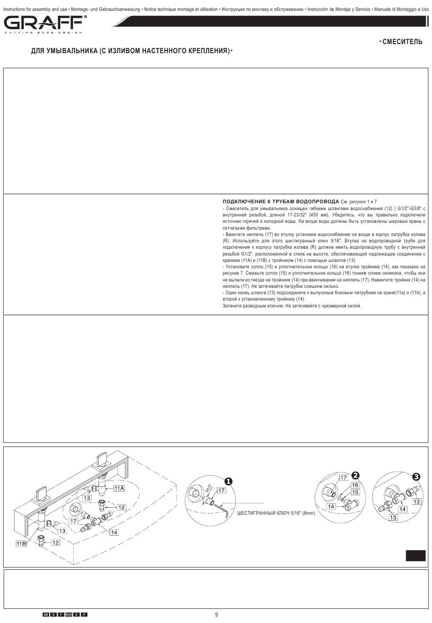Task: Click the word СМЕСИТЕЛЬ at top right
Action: (x=402, y=42)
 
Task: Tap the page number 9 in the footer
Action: (x=216, y=614)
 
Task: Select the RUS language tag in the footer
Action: (x=68, y=614)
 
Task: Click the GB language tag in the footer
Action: (x=46, y=614)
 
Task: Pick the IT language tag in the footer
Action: (x=84, y=614)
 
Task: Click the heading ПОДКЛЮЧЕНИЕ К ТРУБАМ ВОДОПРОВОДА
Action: (x=281, y=201)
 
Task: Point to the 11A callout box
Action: (x=119, y=488)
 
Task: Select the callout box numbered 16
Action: (x=355, y=485)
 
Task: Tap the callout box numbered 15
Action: (x=355, y=492)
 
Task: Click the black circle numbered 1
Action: (x=228, y=481)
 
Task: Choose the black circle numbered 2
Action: (x=355, y=475)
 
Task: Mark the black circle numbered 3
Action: (x=416, y=477)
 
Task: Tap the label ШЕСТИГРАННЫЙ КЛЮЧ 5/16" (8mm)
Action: (x=276, y=513)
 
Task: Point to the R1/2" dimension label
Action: (x=209, y=489)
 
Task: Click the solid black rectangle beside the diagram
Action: (x=416, y=555)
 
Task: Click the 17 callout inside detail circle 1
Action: (x=221, y=490)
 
